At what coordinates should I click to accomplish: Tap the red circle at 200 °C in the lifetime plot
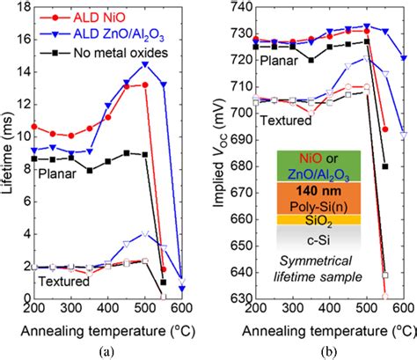(x=33, y=126)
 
